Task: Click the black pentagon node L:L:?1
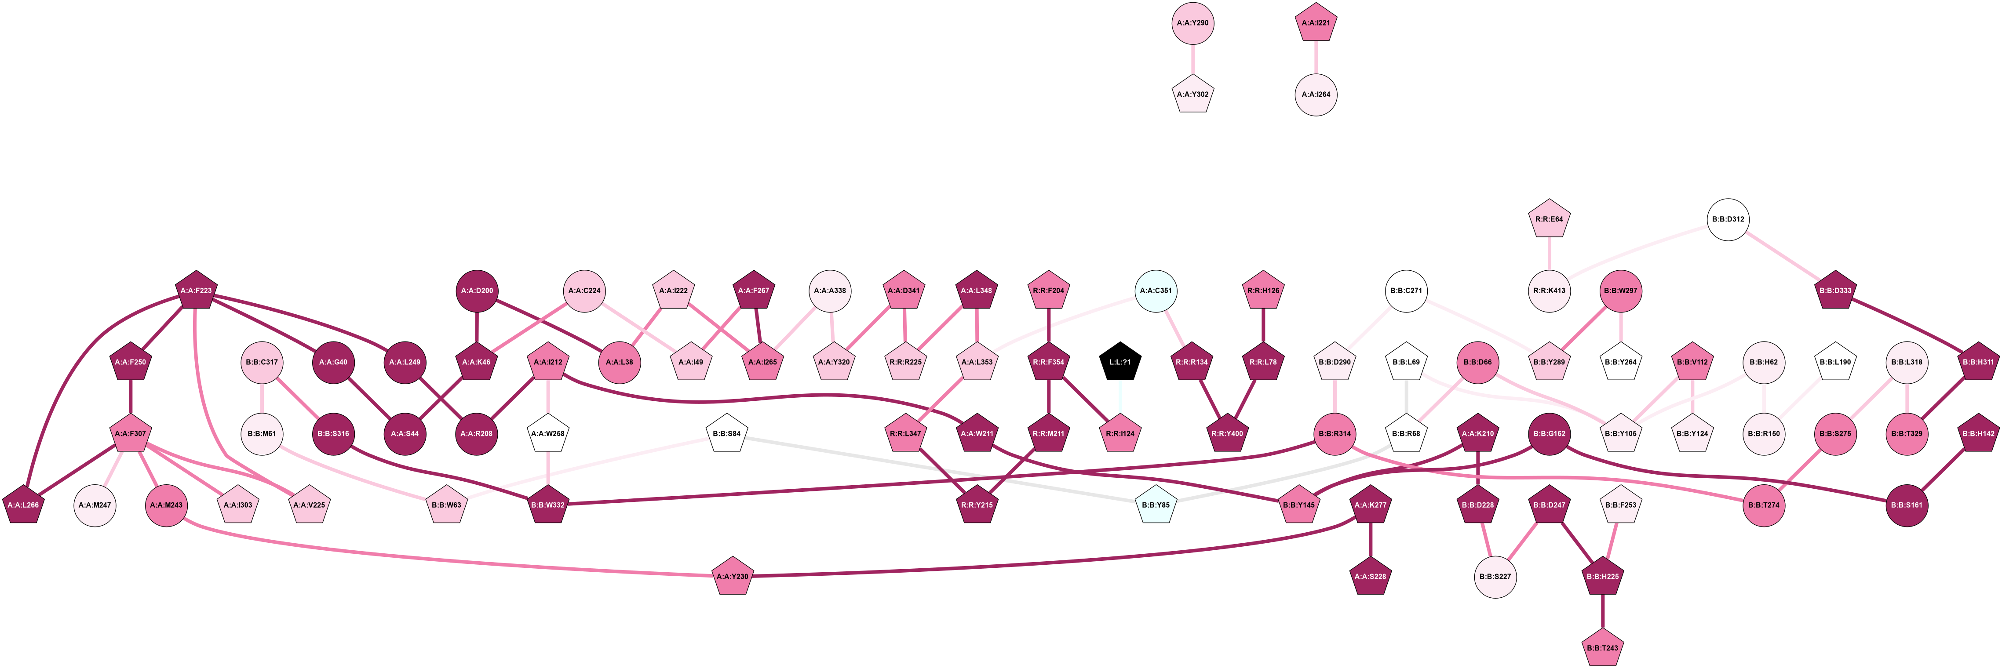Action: click(1120, 363)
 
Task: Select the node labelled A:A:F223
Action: click(196, 291)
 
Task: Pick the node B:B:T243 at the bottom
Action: click(1603, 649)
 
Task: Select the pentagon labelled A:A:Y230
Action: click(732, 577)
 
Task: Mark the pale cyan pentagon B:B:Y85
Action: click(1156, 506)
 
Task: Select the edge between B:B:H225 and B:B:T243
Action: click(1603, 613)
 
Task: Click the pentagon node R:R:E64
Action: click(1549, 220)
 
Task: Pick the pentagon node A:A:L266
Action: click(23, 506)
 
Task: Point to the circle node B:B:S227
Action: click(1495, 577)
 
